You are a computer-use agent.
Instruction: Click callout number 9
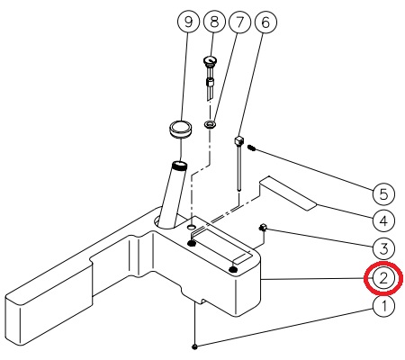click(188, 22)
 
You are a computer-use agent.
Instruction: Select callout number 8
click(214, 22)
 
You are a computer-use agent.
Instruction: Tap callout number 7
click(239, 22)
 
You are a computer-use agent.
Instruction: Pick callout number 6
click(265, 22)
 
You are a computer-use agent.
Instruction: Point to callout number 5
click(383, 193)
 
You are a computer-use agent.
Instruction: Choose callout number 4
click(383, 221)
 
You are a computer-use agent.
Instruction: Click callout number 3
click(383, 248)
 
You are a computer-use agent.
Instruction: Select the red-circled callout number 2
click(383, 278)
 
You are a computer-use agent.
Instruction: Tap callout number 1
click(383, 306)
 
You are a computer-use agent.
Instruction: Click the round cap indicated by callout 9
click(181, 129)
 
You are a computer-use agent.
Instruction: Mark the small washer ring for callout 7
click(210, 124)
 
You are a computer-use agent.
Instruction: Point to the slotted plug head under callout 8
click(210, 60)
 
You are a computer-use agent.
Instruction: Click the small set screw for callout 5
click(252, 148)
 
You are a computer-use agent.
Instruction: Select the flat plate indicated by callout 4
click(288, 193)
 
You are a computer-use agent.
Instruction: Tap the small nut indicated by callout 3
click(263, 228)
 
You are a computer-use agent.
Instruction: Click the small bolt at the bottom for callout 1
click(195, 346)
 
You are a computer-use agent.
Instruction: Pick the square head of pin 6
click(238, 139)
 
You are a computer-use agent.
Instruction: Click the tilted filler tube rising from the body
click(173, 195)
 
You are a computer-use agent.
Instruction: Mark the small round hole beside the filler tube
click(191, 227)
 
